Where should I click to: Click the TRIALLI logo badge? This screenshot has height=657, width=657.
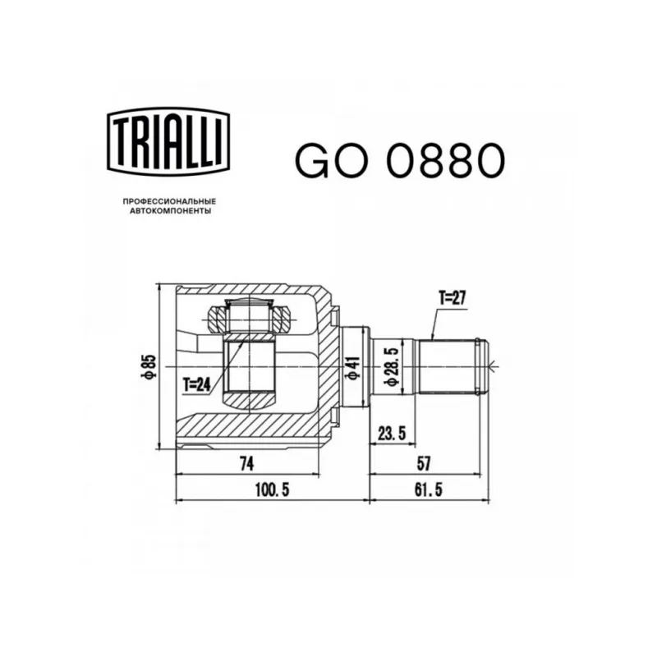pyautogui.click(x=169, y=141)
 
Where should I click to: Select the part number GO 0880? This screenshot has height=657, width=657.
pyautogui.click(x=400, y=161)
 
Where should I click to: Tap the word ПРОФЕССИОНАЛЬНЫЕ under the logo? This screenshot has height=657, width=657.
pyautogui.click(x=169, y=201)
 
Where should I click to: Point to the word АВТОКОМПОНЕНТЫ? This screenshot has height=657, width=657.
pyautogui.click(x=170, y=211)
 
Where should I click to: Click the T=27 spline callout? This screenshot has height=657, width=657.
pyautogui.click(x=453, y=298)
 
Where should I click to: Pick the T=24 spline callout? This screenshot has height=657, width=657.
pyautogui.click(x=196, y=384)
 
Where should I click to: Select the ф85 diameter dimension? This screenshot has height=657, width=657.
pyautogui.click(x=149, y=366)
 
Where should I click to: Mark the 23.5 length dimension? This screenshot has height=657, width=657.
pyautogui.click(x=392, y=433)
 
